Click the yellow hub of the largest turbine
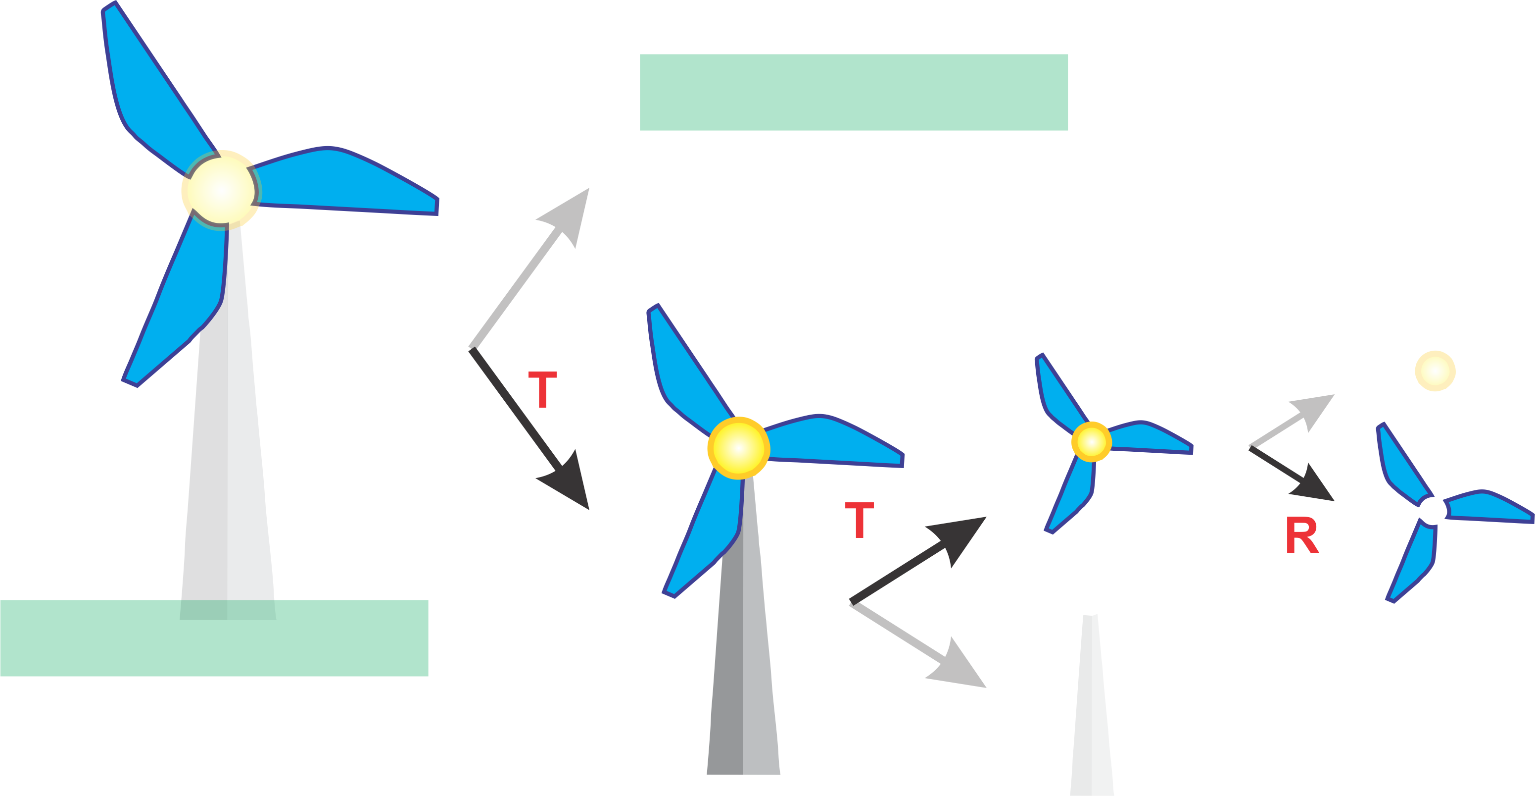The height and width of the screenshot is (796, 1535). coord(221,190)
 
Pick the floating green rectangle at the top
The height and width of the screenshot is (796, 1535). coord(853,93)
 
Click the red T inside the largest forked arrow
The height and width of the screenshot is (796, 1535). coord(542,389)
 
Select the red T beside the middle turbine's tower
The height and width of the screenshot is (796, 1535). coord(859,520)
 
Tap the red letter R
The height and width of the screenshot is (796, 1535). coord(1302,535)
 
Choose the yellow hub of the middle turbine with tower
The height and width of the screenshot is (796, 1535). coord(738,448)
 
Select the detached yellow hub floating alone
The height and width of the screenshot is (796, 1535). coord(1435,371)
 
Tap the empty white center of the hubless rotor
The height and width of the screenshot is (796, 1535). coord(1432,510)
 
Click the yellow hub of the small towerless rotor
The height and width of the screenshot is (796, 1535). coord(1092,442)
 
